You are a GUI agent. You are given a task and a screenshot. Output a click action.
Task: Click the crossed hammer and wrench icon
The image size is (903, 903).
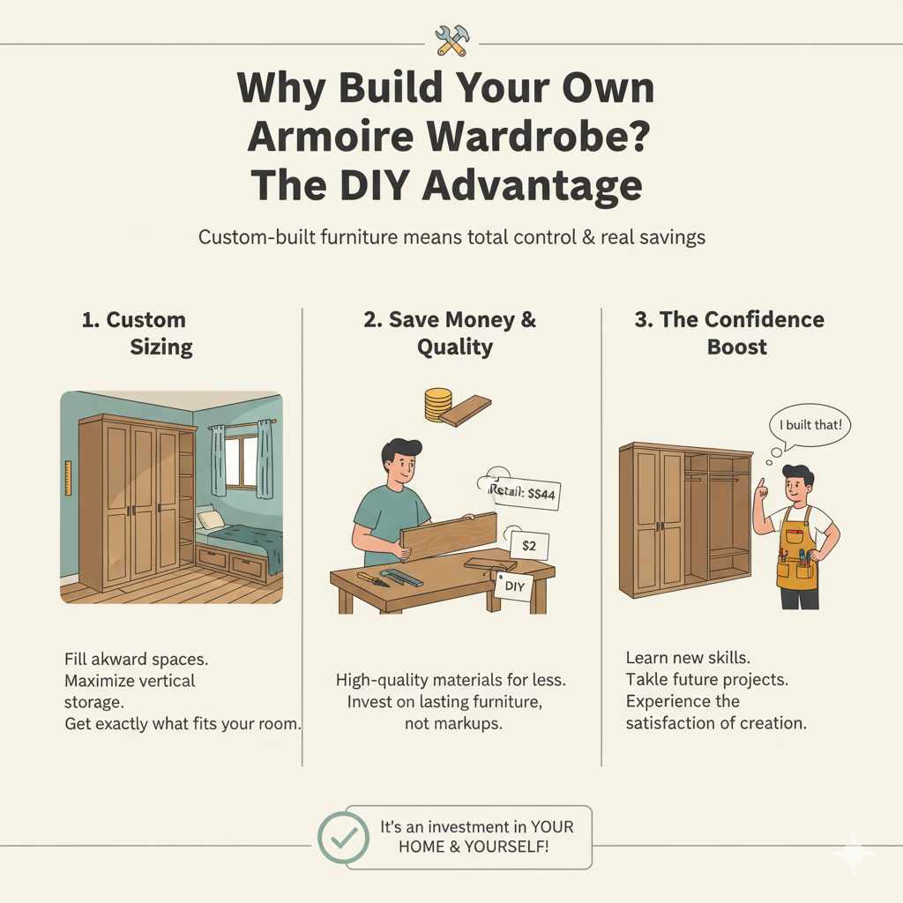tap(451, 39)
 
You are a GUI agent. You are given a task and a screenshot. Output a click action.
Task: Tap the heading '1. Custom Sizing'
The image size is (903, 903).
tap(137, 333)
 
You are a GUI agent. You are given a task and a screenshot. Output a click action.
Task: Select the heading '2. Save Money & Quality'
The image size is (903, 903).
tap(451, 333)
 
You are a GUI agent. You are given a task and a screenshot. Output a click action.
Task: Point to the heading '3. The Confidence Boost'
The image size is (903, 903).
tap(729, 333)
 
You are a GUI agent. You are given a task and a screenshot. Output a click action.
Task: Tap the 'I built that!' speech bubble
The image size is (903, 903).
tap(810, 425)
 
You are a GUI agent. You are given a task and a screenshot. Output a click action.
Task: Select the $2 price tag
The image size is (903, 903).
tap(529, 546)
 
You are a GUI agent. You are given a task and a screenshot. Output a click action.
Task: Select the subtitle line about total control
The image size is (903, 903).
tap(451, 238)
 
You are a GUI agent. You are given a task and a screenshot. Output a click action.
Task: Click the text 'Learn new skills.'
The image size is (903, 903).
tap(689, 658)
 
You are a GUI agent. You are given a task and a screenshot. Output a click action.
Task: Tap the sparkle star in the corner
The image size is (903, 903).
tap(854, 854)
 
